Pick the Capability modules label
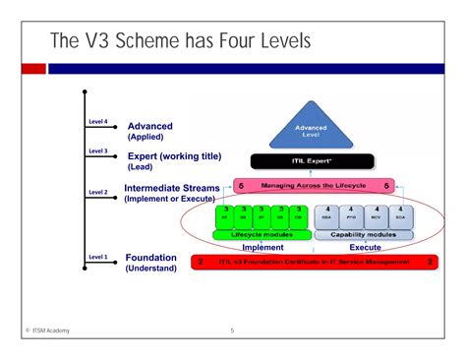363,235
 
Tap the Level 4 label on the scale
97,123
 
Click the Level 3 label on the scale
97,151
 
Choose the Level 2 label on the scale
97,193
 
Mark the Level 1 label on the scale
97,257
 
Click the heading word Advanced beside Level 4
149,126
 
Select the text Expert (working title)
175,155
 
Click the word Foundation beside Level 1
151,258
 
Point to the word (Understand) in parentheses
151,269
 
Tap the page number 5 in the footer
232,330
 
